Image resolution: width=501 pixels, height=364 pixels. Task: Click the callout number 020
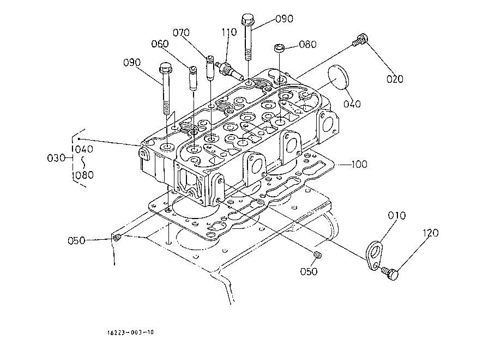click(395, 79)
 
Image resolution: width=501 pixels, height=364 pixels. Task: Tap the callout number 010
click(396, 216)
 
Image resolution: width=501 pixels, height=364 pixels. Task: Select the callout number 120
click(430, 233)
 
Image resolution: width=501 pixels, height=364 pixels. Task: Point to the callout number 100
click(359, 164)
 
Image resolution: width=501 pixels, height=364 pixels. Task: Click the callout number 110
click(229, 32)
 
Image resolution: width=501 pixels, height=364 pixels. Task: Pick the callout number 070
click(181, 33)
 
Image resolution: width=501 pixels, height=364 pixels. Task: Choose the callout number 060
click(160, 44)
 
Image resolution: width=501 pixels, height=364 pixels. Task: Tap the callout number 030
click(56, 157)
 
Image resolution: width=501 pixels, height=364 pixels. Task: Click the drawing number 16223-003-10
click(130, 332)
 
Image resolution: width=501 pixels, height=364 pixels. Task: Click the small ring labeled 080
click(279, 48)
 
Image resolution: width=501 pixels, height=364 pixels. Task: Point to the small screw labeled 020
click(360, 40)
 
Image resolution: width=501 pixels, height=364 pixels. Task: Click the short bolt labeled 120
click(390, 274)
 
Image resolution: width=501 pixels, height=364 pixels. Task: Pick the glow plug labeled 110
click(230, 70)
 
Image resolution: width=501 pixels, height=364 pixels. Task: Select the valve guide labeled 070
click(209, 68)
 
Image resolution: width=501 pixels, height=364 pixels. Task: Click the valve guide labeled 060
click(192, 78)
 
